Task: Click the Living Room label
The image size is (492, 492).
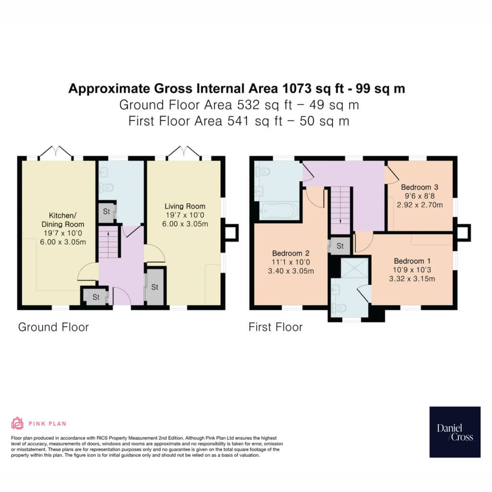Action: [185, 207]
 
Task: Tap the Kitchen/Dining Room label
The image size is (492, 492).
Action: [63, 220]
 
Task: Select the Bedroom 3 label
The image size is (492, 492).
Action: [419, 187]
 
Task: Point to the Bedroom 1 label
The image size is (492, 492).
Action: [412, 261]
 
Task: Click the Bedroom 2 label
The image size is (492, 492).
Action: [291, 253]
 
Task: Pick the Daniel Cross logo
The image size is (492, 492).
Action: [455, 432]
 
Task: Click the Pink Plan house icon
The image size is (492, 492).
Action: [17, 423]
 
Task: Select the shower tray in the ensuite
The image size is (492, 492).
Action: [355, 268]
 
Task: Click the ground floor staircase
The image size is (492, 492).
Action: [109, 243]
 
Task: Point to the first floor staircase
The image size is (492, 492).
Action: [341, 210]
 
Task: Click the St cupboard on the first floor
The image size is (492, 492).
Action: [340, 246]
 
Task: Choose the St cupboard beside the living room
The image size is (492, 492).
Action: [155, 287]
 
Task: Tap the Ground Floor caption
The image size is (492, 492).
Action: [54, 327]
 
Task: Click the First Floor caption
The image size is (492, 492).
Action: [275, 327]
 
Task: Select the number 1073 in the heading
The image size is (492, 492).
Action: [297, 88]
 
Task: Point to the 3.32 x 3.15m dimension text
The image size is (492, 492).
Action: [412, 279]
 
